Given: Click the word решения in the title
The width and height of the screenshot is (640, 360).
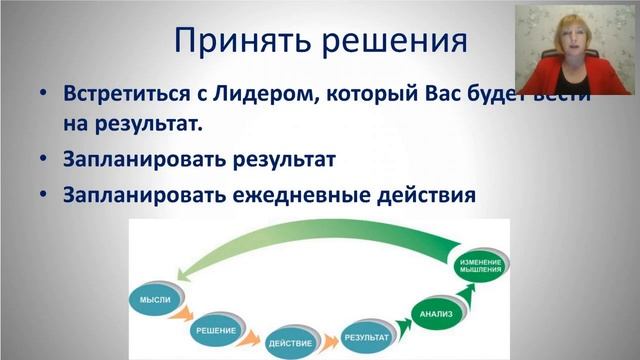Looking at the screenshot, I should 399,42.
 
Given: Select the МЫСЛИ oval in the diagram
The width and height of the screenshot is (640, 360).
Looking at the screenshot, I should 156,299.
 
